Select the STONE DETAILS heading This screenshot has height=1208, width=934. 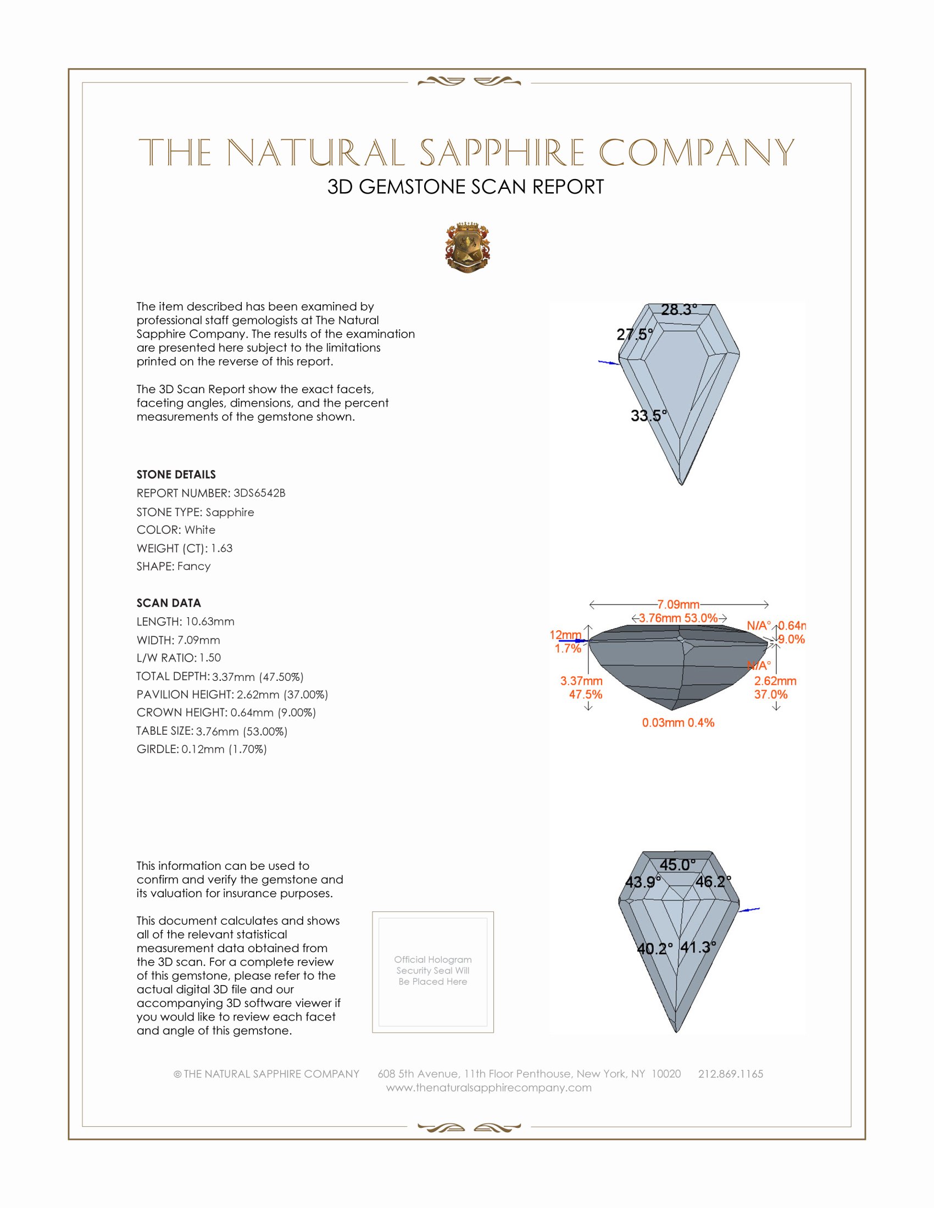[176, 474]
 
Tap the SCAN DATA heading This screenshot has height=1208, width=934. [169, 603]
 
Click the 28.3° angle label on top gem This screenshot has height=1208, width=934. [679, 310]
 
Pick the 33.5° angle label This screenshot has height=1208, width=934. [648, 416]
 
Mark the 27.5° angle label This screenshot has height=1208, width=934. [635, 334]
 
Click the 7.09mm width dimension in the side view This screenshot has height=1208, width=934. [679, 605]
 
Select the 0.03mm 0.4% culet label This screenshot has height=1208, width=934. [678, 723]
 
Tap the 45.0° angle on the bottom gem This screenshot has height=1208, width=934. [677, 864]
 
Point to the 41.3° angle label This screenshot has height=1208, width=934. [698, 947]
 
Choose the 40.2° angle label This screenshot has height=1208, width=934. [654, 949]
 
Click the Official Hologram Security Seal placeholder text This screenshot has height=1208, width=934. [433, 970]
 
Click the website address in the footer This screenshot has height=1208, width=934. [488, 1087]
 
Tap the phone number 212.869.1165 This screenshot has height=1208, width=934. [730, 1073]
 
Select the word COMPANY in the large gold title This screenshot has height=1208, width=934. [696, 153]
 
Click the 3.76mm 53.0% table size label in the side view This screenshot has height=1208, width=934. [679, 618]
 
